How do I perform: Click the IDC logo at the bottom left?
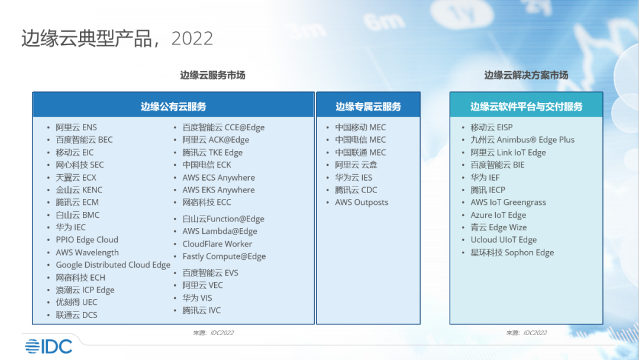pyautogui.click(x=49, y=346)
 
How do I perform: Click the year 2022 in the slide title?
pyautogui.click(x=192, y=38)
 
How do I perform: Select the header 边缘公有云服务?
pyautogui.click(x=173, y=107)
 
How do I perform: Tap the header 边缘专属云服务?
pyautogui.click(x=369, y=107)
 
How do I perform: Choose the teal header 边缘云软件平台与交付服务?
pyautogui.click(x=527, y=107)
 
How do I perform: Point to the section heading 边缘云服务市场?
pyautogui.click(x=213, y=75)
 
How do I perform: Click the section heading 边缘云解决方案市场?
pyautogui.click(x=526, y=75)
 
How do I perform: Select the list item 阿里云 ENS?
pyautogui.click(x=76, y=127)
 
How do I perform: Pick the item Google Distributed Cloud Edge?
pyautogui.click(x=113, y=265)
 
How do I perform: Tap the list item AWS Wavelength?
pyautogui.click(x=87, y=252)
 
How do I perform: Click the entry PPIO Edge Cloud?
pyautogui.click(x=87, y=240)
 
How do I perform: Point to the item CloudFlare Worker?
pyautogui.click(x=217, y=244)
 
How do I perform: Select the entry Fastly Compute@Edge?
pyautogui.click(x=224, y=256)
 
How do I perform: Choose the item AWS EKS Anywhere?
pyautogui.click(x=218, y=190)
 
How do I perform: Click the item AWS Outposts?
pyautogui.click(x=362, y=202)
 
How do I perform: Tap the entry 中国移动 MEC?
pyautogui.click(x=360, y=127)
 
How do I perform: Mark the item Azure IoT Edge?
pyautogui.click(x=498, y=215)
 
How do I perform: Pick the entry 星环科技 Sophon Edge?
pyautogui.click(x=512, y=252)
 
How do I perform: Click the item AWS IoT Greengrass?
pyautogui.click(x=508, y=202)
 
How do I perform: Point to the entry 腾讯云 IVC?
pyautogui.click(x=201, y=310)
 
